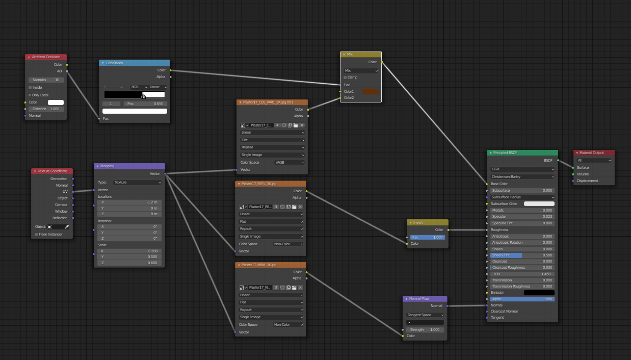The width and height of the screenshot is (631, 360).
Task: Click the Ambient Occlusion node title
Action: [46, 57]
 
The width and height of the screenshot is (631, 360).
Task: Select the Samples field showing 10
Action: [46, 80]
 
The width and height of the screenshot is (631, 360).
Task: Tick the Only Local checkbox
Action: [30, 95]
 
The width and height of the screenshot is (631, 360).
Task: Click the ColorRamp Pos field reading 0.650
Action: [145, 104]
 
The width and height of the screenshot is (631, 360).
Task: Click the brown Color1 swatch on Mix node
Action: [371, 91]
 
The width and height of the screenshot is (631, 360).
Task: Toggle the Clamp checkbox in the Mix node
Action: [345, 77]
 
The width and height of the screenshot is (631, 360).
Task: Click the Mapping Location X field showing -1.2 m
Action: [129, 202]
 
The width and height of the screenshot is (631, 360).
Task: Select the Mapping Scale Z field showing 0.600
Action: [129, 263]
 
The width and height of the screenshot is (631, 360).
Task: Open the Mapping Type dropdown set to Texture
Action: [138, 183]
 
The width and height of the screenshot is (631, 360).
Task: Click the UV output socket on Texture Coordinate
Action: [73, 192]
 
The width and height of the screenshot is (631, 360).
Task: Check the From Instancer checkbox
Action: [36, 234]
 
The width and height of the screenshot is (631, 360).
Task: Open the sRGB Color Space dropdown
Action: [290, 162]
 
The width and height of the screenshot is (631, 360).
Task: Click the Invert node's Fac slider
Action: [427, 238]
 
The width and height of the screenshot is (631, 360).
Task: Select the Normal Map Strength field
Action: [425, 329]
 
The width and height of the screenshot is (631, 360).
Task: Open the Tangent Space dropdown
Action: [425, 315]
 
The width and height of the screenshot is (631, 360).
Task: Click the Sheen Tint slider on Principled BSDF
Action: [522, 255]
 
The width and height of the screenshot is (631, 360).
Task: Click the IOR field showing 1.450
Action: [522, 274]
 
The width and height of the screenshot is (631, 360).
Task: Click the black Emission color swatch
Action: [539, 293]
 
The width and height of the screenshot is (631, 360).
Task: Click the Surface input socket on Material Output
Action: [573, 168]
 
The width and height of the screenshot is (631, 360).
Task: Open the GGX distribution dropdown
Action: [522, 169]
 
